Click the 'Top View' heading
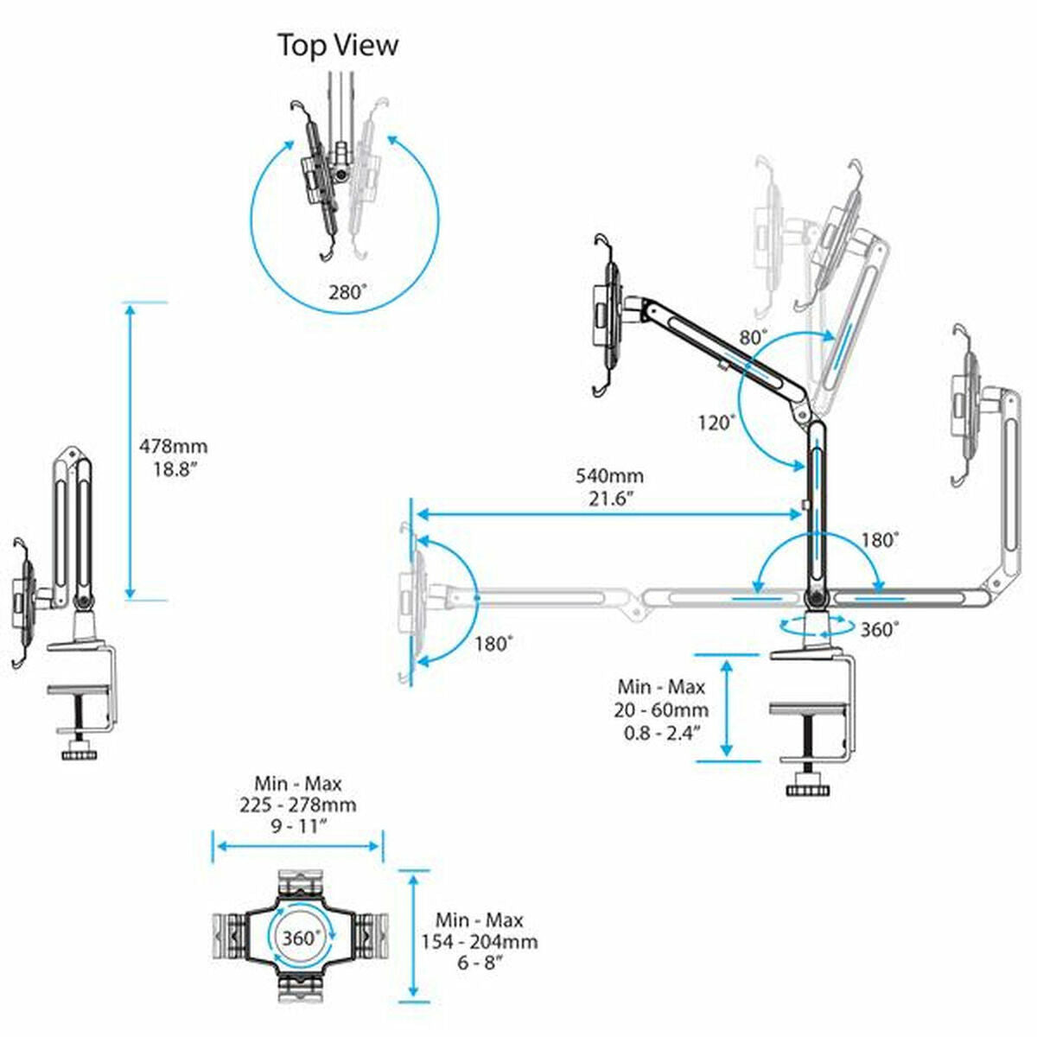point(338,45)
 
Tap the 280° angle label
point(347,291)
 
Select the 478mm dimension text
point(174,447)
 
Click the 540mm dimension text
point(609,476)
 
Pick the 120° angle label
point(717,423)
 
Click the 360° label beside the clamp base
point(879,629)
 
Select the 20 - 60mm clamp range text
point(661,709)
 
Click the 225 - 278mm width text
point(298,805)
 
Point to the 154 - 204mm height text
point(479,942)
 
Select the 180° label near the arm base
point(880,539)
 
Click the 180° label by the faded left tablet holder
point(493,643)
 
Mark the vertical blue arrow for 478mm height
point(130,450)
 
